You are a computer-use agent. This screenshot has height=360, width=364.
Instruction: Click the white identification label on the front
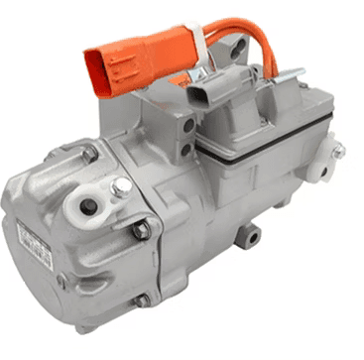click(35, 244)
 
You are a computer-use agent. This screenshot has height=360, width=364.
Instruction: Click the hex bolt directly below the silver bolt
click(142, 229)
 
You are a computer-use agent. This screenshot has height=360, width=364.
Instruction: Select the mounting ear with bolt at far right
click(337, 152)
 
